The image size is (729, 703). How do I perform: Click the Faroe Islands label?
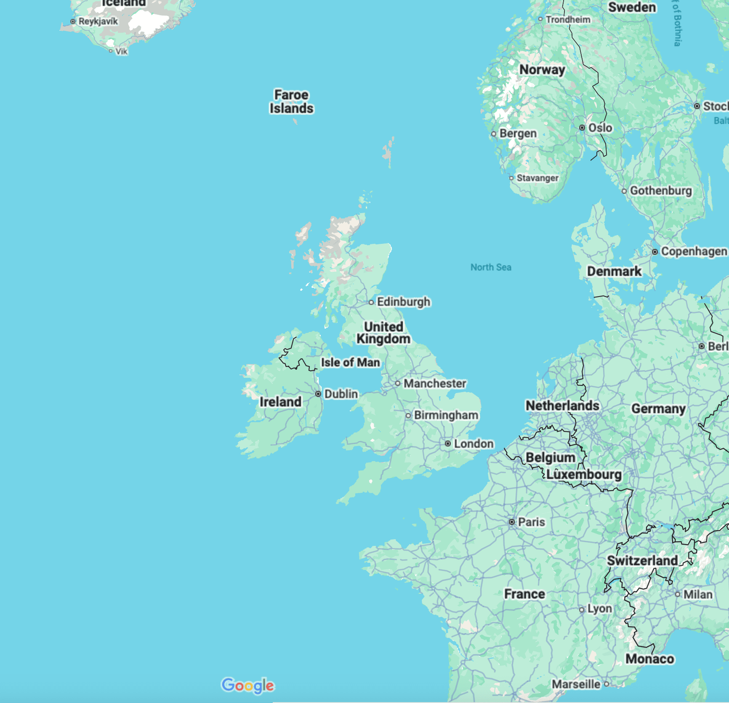[x=291, y=102]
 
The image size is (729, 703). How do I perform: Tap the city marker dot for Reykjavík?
[x=73, y=21]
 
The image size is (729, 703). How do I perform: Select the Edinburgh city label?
[x=403, y=302]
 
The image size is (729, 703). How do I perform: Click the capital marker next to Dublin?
[x=318, y=394]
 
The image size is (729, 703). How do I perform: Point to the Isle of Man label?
[x=350, y=362]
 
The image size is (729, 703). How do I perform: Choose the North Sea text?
[x=491, y=267]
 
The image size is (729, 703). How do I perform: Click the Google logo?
[x=248, y=686]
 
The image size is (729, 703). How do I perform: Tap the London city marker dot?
[x=448, y=444]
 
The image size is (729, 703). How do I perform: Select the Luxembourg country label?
[x=584, y=474]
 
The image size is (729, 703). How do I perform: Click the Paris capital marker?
[x=512, y=522]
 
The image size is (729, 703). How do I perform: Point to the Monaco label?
[x=649, y=659]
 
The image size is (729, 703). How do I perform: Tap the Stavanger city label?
[x=537, y=178]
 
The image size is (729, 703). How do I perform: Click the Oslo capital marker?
[x=582, y=128]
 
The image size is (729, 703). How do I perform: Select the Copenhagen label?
[x=694, y=251]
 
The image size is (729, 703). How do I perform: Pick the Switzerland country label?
[x=642, y=561]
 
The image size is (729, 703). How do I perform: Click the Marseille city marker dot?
[x=607, y=684]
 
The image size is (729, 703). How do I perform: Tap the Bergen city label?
[x=518, y=134]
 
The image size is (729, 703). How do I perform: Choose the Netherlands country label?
[x=562, y=405]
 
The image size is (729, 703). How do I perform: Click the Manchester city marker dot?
[x=398, y=383]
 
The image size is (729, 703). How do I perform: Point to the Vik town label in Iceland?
[x=121, y=51]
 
